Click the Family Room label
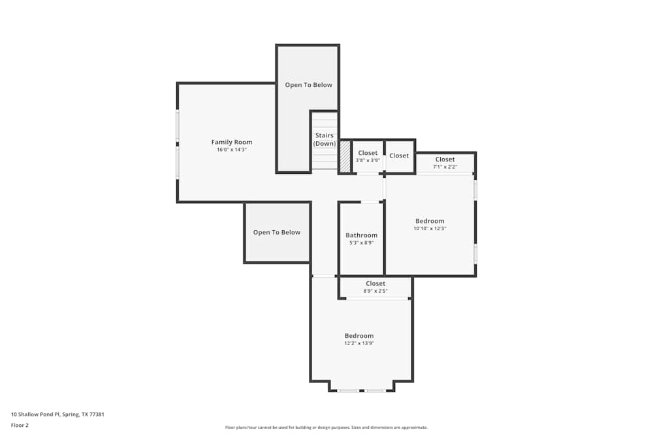coord(231,142)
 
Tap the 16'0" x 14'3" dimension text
coord(231,150)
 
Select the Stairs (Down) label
coord(324,139)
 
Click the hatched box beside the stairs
coord(345,157)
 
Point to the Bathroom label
coord(361,235)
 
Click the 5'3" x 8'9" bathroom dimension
coord(361,243)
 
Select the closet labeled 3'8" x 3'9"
coord(368,156)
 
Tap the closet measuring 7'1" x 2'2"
coord(445,163)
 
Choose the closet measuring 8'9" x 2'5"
coord(375,287)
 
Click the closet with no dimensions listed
coord(399,156)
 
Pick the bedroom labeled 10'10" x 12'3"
coord(429,224)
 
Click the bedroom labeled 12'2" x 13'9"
coord(359,339)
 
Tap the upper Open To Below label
coord(308,85)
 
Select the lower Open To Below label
coord(277,232)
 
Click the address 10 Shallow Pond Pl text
coord(57,414)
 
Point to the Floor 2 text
coord(20,425)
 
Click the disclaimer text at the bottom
coord(326,427)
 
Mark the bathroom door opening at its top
coord(370,202)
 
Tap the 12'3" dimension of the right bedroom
coord(438,229)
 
